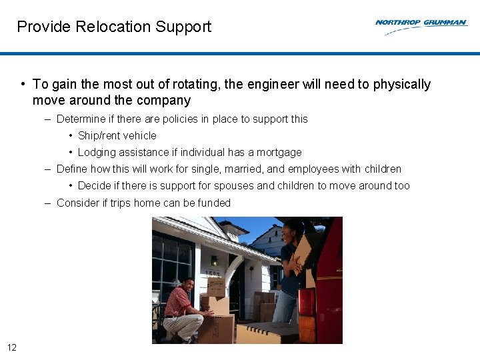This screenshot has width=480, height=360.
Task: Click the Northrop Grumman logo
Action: (x=421, y=25)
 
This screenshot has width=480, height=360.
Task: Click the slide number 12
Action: (x=12, y=347)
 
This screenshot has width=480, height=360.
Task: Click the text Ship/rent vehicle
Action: (x=117, y=136)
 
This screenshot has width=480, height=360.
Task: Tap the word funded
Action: (x=216, y=203)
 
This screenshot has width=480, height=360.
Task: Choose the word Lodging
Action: (x=97, y=153)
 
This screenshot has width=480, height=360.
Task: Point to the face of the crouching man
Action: (x=189, y=285)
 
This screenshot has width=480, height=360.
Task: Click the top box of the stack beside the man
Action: (x=216, y=287)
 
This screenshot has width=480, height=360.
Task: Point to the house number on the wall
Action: (x=212, y=273)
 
